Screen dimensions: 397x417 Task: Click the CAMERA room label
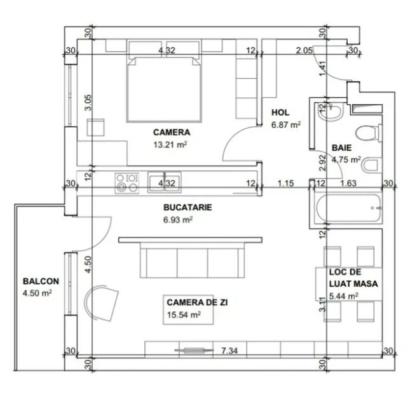(x=172, y=133)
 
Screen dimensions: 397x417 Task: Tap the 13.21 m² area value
(x=170, y=145)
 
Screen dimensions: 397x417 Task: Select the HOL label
(x=280, y=112)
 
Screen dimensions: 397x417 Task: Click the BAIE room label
(x=341, y=148)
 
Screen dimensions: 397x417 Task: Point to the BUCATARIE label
(x=188, y=207)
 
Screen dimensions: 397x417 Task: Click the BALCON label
(x=41, y=281)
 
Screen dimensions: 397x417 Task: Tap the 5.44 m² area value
(x=343, y=295)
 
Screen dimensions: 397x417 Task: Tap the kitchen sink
(x=164, y=182)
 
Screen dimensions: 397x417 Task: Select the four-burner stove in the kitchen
(x=126, y=183)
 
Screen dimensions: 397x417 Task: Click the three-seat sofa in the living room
(x=192, y=260)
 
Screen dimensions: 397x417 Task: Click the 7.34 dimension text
(x=229, y=351)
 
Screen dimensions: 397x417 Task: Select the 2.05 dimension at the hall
(x=304, y=50)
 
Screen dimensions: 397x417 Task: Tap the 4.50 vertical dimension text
(x=89, y=264)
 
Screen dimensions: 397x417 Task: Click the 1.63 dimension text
(x=349, y=184)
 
